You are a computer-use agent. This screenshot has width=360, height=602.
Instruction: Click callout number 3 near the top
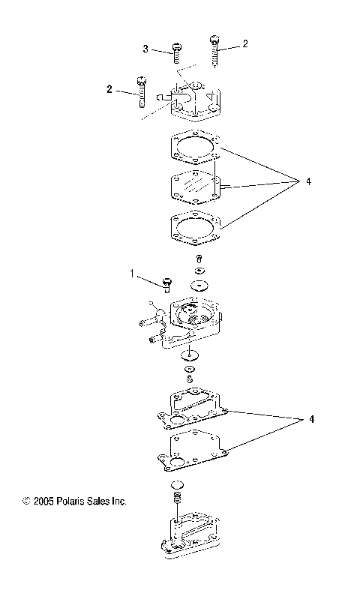point(145,49)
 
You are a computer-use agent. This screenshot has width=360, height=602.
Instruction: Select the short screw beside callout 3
point(176,52)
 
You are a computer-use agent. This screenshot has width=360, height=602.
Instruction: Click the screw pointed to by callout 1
point(166,283)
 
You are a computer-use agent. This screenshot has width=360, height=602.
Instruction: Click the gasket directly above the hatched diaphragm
point(194,146)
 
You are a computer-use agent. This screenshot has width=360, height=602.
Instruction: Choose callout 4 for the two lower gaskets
point(304,419)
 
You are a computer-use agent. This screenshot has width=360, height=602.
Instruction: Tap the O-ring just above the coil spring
point(178,485)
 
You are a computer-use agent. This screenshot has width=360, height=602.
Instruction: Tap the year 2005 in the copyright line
point(44,501)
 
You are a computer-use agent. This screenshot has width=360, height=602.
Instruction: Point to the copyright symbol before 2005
point(26,501)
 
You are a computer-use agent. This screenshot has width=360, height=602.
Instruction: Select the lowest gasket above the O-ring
point(193,450)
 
